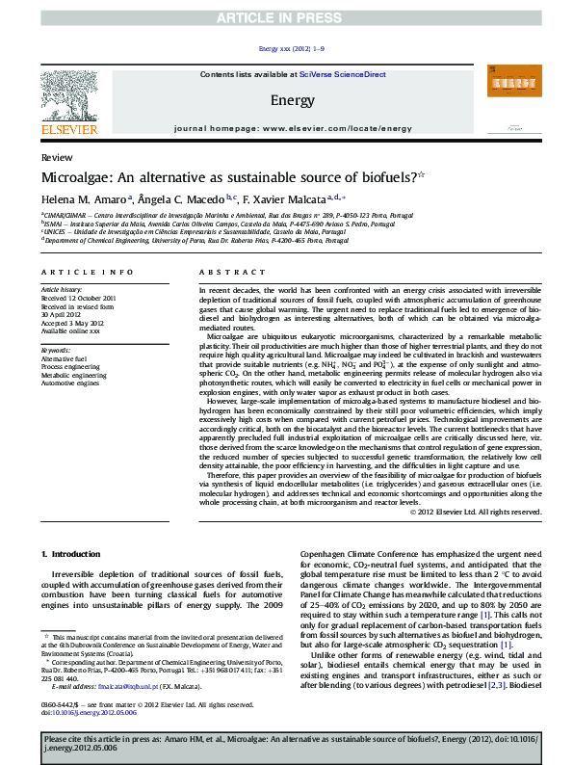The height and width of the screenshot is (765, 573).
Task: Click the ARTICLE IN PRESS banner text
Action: [x=286, y=18]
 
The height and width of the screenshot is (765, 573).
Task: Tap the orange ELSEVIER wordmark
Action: [x=68, y=129]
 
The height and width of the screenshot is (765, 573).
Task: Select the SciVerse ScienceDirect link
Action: [x=342, y=74]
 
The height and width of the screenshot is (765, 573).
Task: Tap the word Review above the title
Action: [x=55, y=156]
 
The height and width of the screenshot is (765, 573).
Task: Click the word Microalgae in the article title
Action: [x=75, y=178]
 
